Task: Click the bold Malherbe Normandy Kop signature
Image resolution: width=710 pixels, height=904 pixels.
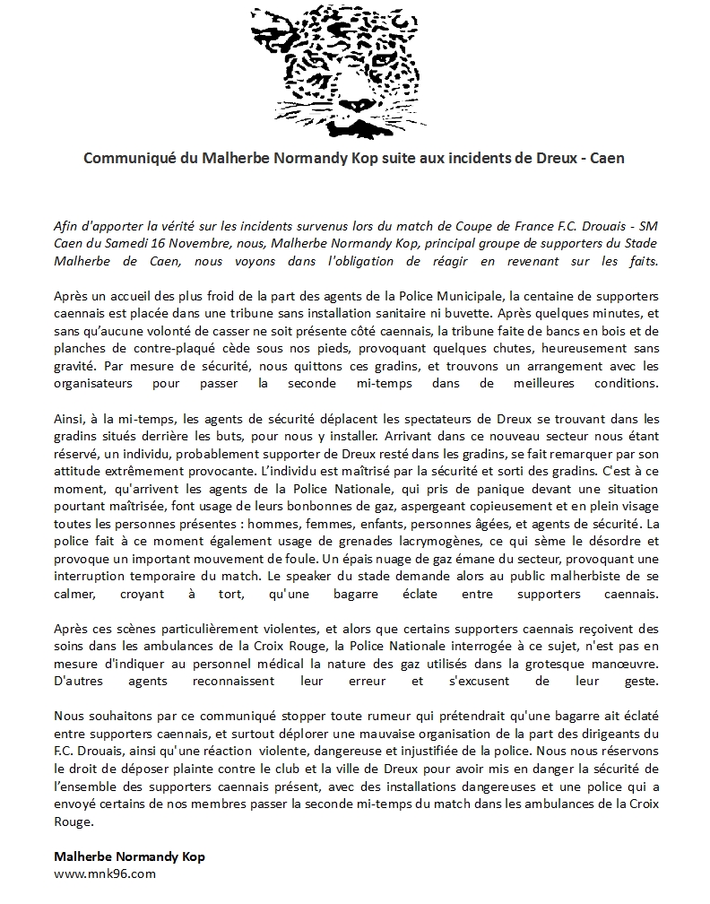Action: point(129,856)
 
